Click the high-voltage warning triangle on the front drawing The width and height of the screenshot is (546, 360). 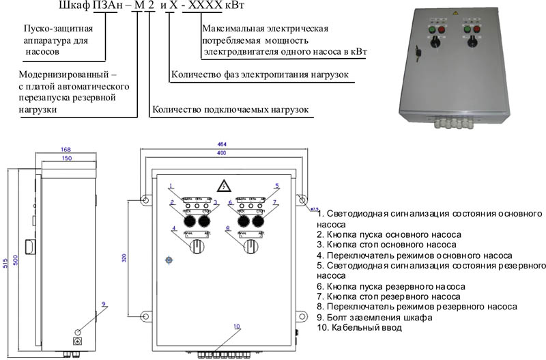tap(222, 186)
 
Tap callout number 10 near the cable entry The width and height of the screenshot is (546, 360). tap(237, 327)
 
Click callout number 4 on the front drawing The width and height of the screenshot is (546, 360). tap(175, 227)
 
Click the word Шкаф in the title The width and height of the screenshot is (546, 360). tap(72, 8)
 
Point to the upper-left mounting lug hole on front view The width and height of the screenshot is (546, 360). tap(145, 200)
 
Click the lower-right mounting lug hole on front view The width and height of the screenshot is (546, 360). tap(300, 316)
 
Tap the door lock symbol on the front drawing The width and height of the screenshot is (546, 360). tap(169, 260)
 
